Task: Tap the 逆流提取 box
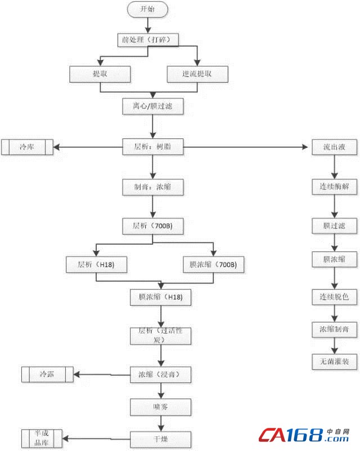tap(197, 74)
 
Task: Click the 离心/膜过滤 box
tap(153, 106)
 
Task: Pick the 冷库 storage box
tap(27, 147)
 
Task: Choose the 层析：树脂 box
tap(153, 147)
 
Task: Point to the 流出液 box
tap(335, 147)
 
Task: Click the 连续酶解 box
tap(335, 187)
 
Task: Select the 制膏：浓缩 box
tap(153, 187)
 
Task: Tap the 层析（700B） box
tap(153, 226)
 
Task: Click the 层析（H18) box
tap(97, 264)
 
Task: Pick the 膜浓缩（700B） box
tap(213, 264)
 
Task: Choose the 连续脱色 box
tap(335, 296)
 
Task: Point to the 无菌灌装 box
tap(335, 361)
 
